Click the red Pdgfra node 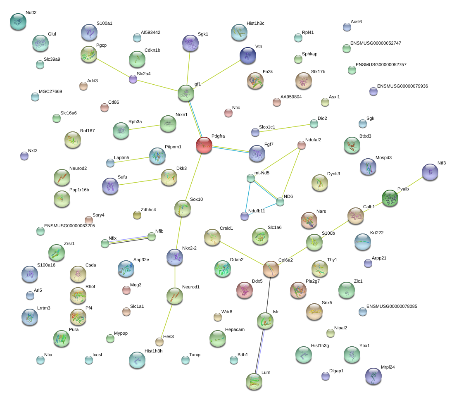pos(204,145)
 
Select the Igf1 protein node pos(186,93)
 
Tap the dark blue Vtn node pos(247,55)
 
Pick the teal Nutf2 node pos(18,21)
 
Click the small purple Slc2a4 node pos(133,79)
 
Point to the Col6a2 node pos(271,269)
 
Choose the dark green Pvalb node pos(390,198)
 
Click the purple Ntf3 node pos(430,172)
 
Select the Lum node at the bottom pos(254,381)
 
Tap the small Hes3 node pos(159,342)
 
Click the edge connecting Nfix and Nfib pos(128,240)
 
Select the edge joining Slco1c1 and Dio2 pos(285,128)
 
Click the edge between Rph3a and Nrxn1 pos(145,127)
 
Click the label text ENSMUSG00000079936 pos(402,86)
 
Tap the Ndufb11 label pos(257,211)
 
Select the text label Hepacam pos(235,329)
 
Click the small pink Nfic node pos(228,113)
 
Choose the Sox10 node pos(183,209)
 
